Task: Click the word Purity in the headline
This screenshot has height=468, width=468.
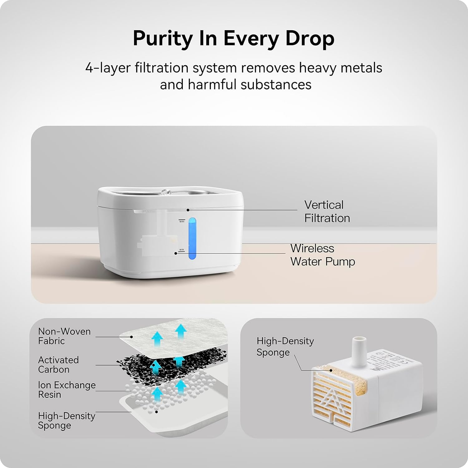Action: (x=163, y=39)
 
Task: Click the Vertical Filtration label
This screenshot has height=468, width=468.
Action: (x=327, y=211)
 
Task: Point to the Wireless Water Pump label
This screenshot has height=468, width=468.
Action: (x=322, y=255)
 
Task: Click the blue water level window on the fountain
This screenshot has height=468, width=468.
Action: (x=193, y=239)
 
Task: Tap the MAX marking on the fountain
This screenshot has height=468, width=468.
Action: (x=182, y=221)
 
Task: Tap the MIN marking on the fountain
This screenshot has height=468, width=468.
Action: (x=181, y=250)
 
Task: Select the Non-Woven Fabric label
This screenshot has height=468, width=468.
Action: (x=64, y=336)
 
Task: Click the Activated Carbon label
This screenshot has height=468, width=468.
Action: (x=58, y=364)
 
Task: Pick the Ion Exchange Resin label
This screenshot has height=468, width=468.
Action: (x=66, y=390)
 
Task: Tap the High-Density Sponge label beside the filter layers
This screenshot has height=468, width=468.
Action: (x=66, y=420)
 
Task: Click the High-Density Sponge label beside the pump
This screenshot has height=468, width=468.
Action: (x=285, y=346)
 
